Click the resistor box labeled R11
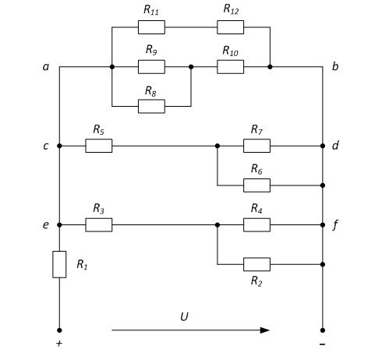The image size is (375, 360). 151,27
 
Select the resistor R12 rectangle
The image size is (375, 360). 230,27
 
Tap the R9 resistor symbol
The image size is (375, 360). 151,67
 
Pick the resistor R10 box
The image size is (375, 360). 230,67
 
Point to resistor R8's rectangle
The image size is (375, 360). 151,106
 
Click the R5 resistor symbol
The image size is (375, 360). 99,146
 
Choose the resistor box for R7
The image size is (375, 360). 256,146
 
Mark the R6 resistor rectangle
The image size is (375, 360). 256,185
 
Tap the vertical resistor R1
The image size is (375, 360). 59,264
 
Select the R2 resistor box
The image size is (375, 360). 256,264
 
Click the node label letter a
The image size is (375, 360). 46,67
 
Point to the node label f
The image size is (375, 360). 335,224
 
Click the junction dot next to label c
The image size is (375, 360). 59,146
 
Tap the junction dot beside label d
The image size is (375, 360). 323,146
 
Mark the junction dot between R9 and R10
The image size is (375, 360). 191,67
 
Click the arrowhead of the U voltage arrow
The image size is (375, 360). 265,330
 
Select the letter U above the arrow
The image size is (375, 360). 184,316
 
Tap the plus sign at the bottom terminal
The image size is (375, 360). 59,344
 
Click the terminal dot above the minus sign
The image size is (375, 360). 323,330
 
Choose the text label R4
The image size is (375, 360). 256,208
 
